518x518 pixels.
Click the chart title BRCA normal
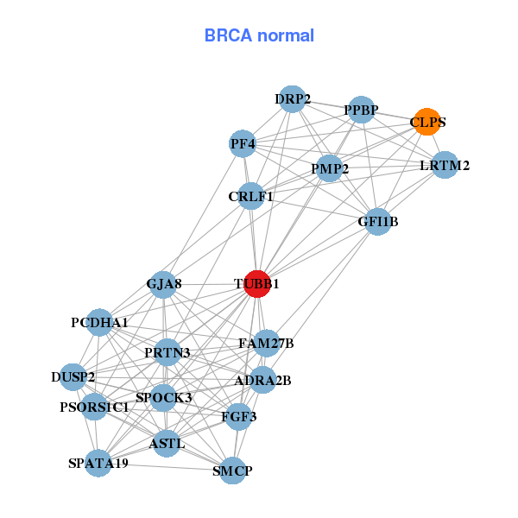pos(259,36)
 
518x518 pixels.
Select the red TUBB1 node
pos(256,283)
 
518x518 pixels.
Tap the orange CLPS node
pos(426,122)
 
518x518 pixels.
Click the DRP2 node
pos(293,99)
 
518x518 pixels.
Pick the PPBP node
pos(362,110)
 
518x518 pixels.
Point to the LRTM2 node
pos(444,165)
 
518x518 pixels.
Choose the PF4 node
pos(243,143)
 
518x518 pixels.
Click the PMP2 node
pos(329,168)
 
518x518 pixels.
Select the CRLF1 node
pos(250,197)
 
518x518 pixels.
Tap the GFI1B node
pos(378,222)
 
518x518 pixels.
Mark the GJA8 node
pos(164,283)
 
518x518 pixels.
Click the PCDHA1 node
pos(100,323)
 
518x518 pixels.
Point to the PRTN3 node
pos(167,352)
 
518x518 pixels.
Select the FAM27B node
pos(267,344)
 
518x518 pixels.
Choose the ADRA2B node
pos(262,380)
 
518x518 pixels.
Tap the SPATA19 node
pos(98,464)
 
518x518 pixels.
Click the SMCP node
pos(232,471)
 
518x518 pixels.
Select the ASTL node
pos(167,444)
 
